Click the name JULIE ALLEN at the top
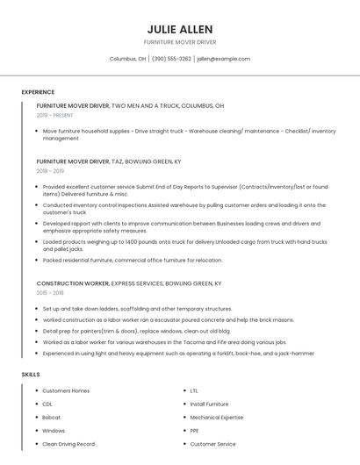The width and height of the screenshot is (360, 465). click(x=179, y=28)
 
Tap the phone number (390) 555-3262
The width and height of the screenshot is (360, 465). click(x=171, y=59)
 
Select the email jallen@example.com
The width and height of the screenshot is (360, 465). click(x=223, y=59)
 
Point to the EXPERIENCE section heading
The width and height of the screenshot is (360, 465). click(x=38, y=92)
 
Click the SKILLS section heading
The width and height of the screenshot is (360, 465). click(x=31, y=375)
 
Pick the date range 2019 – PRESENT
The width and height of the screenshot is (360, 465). click(x=54, y=116)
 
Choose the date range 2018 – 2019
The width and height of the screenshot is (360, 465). click(x=50, y=172)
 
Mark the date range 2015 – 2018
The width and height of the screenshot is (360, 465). click(x=50, y=294)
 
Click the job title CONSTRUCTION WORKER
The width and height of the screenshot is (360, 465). click(x=73, y=283)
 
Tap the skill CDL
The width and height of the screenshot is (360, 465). click(x=47, y=404)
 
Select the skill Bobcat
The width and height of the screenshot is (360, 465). click(x=51, y=418)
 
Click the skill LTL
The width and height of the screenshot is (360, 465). click(x=194, y=390)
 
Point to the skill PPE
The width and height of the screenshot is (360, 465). click(x=195, y=431)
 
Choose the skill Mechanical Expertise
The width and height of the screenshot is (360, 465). click(x=217, y=418)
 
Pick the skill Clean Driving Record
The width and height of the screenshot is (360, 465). click(x=68, y=444)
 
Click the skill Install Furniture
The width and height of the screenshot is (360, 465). click(x=209, y=404)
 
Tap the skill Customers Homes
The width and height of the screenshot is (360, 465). click(x=66, y=390)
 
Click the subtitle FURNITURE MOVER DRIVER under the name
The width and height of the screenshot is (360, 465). click(x=179, y=41)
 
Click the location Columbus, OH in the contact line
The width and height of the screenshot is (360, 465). click(x=127, y=59)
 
